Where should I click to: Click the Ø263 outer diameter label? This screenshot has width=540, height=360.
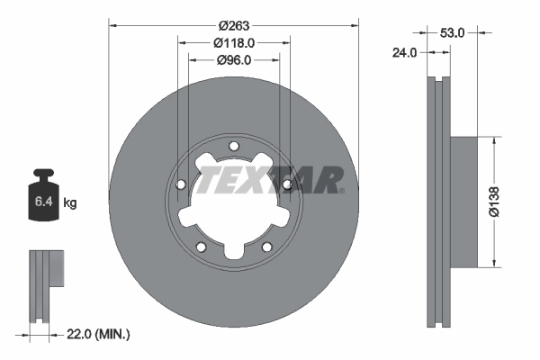(234, 25)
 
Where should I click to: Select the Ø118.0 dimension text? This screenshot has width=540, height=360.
(234, 42)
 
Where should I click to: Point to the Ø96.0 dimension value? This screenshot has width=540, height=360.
(234, 59)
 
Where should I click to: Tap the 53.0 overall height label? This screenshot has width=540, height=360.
(453, 32)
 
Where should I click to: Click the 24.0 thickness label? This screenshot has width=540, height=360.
(406, 52)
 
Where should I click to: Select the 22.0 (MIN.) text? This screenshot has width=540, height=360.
(100, 334)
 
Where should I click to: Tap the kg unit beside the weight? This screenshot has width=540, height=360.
(70, 203)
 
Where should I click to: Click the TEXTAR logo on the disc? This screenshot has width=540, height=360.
(270, 180)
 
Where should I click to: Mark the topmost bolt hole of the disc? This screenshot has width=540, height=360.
(234, 147)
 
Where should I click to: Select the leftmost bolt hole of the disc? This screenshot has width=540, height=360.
(181, 185)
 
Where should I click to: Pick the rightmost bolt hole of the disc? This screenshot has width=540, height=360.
(287, 185)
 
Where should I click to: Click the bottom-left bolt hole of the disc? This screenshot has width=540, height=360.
(202, 247)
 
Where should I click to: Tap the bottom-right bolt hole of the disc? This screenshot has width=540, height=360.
(266, 247)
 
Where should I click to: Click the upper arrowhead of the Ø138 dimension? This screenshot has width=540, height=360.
(494, 141)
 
